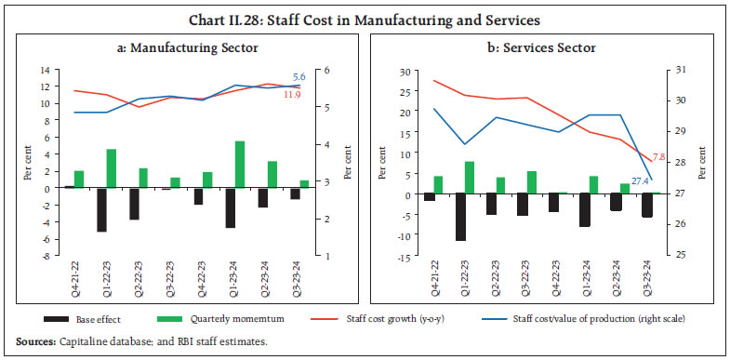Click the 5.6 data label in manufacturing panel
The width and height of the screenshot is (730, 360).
[x=299, y=76]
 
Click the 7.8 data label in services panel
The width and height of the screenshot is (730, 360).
[x=658, y=155]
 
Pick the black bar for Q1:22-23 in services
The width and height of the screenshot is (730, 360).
[x=461, y=218]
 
